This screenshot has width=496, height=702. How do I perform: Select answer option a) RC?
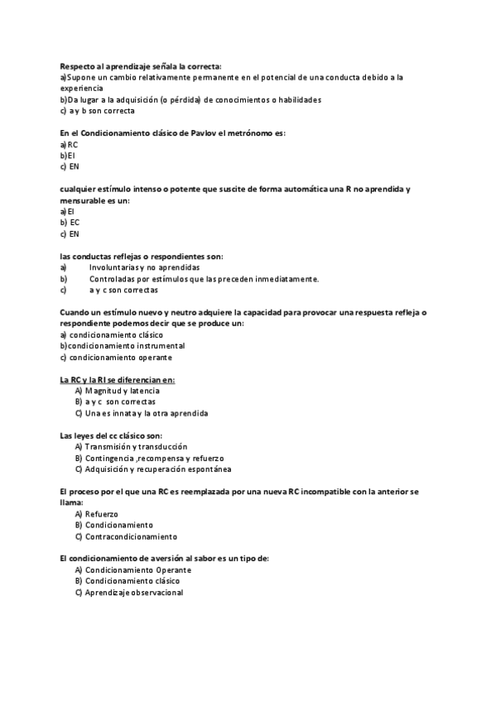70,144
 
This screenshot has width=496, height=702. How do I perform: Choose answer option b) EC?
70,223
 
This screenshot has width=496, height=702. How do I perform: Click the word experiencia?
82,88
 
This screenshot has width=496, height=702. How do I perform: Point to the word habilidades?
297,99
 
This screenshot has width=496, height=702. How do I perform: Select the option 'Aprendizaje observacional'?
133,593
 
